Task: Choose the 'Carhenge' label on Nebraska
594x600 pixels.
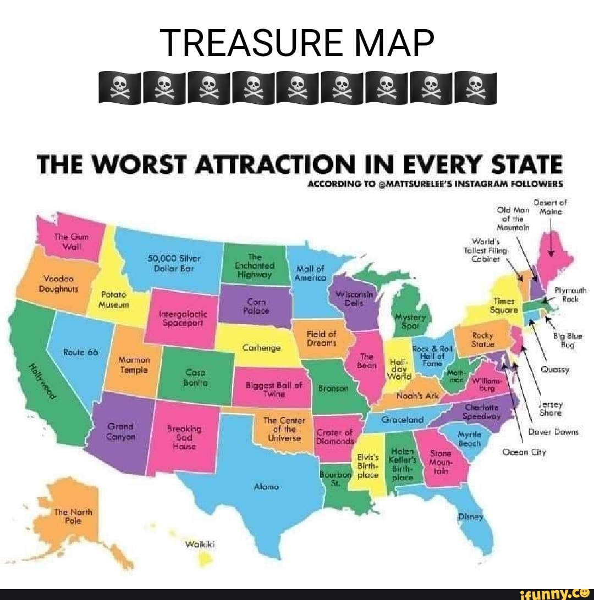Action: [x=261, y=348]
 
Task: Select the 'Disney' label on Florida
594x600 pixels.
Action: [x=470, y=517]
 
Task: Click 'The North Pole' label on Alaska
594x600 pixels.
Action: [x=69, y=516]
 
